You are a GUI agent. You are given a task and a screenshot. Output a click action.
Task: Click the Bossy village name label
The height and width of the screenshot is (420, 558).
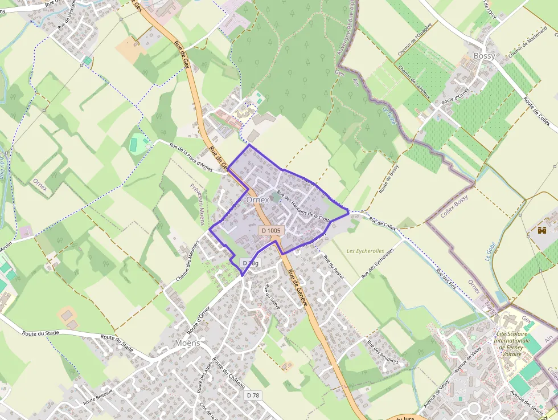click(484, 56)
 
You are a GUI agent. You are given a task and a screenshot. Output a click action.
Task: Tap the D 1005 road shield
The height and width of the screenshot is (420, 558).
click(271, 230)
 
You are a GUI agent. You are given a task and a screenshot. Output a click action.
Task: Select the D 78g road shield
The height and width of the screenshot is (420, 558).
click(251, 263)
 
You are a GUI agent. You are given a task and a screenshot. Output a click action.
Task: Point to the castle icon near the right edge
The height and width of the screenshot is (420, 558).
click(541, 230)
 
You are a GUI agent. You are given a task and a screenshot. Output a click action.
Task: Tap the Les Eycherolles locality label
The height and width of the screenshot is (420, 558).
click(365, 251)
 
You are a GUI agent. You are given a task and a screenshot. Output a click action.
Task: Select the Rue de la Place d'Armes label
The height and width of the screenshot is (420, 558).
click(191, 156)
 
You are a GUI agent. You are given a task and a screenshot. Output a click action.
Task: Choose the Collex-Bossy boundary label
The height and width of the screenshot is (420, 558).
click(454, 205)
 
